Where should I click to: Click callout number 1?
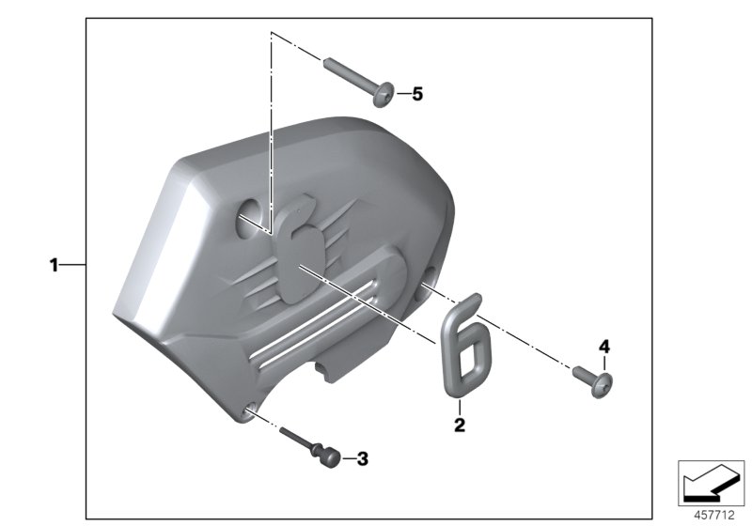coord(55,266)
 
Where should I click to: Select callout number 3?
coord(362,459)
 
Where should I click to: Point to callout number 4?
coord(604,347)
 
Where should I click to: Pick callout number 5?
coord(417,94)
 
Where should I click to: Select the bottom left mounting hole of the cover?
coord(250,409)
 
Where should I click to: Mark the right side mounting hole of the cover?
coord(429,279)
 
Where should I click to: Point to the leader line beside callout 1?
coord(73,266)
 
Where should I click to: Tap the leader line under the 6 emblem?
coord(459,408)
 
